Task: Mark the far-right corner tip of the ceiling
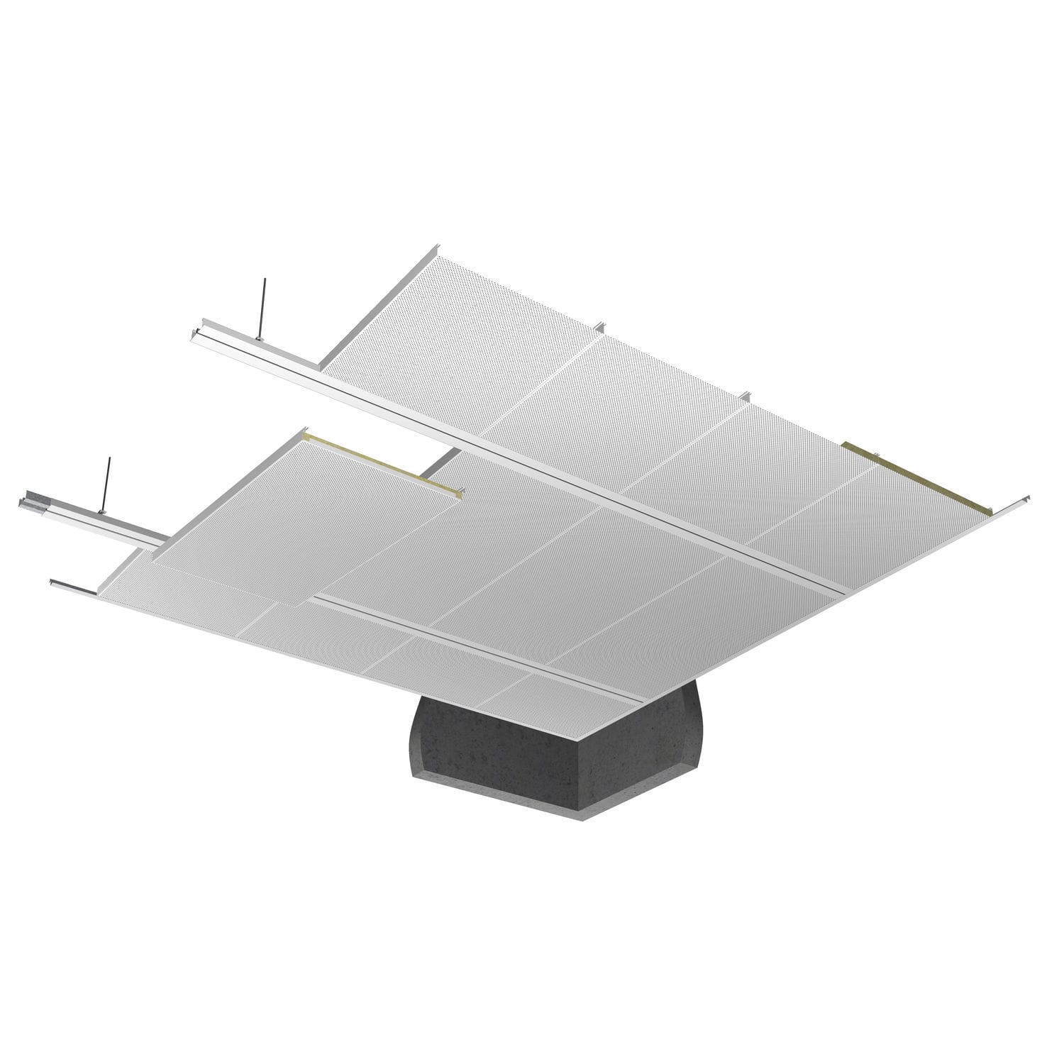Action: pyautogui.click(x=1027, y=496)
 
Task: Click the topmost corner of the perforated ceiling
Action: pyautogui.click(x=434, y=248)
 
